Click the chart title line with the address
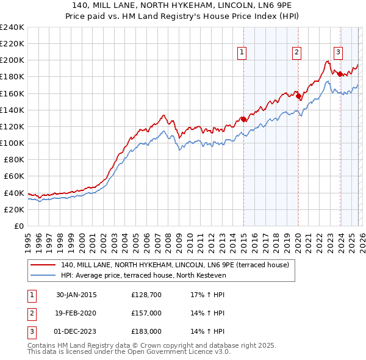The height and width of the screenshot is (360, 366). click(183, 5)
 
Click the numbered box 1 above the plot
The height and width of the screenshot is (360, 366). click(242, 52)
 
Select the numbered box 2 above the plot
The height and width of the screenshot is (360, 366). click(296, 52)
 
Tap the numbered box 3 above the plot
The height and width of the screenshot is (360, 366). click(338, 52)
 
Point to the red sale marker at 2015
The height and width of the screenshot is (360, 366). click(243, 120)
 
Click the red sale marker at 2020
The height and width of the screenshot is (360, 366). click(298, 96)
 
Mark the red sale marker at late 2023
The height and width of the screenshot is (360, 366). click(340, 74)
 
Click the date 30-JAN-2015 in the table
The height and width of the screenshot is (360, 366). click(76, 295)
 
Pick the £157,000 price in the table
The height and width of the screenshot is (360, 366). click(146, 313)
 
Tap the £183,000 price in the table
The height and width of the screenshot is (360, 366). click(146, 331)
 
